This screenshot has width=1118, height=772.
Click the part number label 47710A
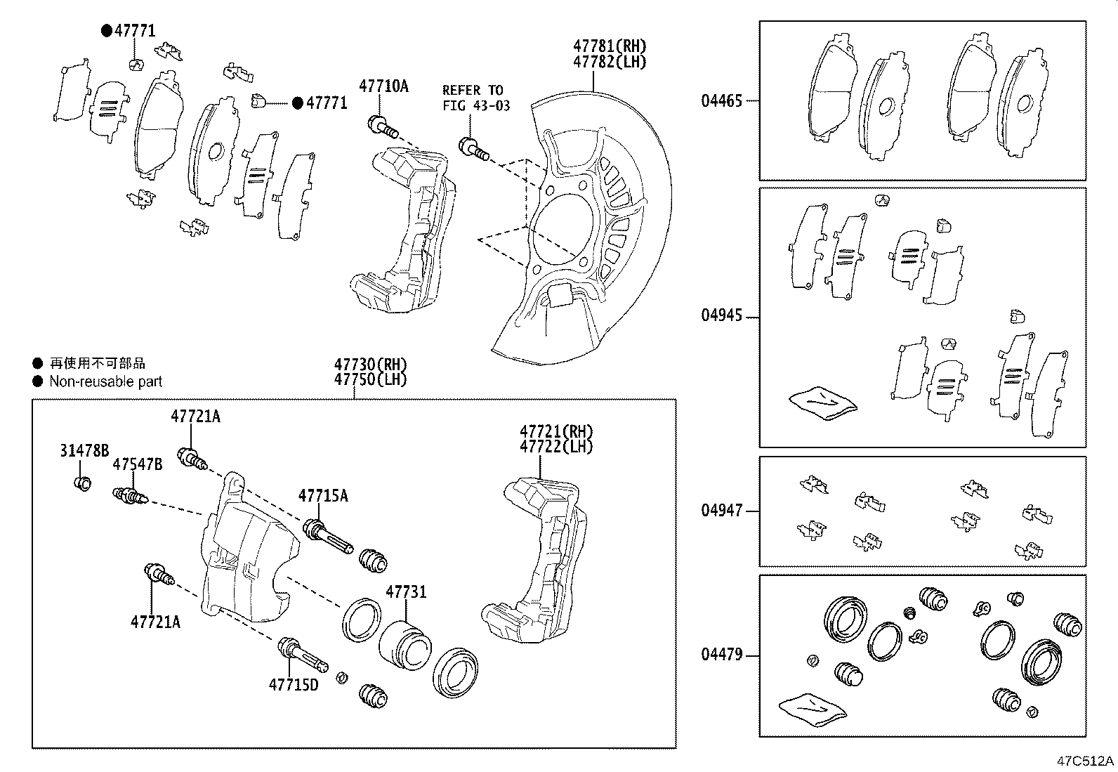(x=383, y=86)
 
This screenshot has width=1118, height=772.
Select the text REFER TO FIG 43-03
(x=475, y=98)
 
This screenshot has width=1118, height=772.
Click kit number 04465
(x=721, y=100)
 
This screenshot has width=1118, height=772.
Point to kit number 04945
(x=721, y=315)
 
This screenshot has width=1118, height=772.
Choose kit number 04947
(x=721, y=511)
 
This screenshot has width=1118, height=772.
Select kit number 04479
(x=721, y=655)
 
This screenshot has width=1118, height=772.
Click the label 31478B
(x=84, y=451)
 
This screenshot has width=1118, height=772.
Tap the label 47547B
(x=138, y=464)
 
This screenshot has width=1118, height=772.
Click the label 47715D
(x=293, y=683)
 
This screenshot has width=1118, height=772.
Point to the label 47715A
(x=323, y=496)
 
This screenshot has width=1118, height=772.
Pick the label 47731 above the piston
(x=405, y=592)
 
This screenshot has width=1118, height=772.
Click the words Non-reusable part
(x=105, y=381)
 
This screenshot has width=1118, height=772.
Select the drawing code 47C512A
(x=1086, y=761)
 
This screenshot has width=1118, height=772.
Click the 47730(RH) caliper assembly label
(x=370, y=365)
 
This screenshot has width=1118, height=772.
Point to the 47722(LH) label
(x=556, y=447)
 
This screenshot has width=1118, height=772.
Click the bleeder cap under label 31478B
(x=82, y=483)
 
